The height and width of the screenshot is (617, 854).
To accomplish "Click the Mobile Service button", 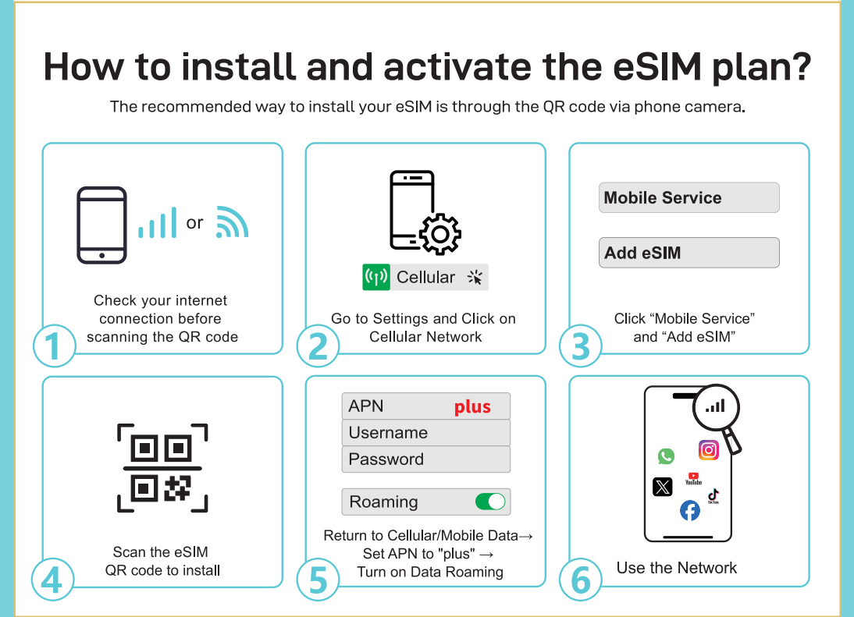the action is point(689,197).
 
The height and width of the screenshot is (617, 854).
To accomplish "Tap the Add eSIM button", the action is point(689,253).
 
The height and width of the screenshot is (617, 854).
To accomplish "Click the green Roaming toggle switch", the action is point(490,501).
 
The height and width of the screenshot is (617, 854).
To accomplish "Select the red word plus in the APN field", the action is point(472,407).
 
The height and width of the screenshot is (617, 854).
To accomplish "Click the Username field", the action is point(426,433).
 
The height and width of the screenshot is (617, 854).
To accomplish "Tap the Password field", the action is point(426,459).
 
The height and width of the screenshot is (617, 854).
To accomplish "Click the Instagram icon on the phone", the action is point(709,450).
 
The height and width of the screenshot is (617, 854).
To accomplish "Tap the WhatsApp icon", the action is point(666,456).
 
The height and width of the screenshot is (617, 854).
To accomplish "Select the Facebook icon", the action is point(690,511).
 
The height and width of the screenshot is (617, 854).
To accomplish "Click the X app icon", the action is point(662,487).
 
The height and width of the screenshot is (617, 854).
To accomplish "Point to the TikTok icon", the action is point(713,496).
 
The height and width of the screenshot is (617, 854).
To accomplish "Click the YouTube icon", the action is point(693,479).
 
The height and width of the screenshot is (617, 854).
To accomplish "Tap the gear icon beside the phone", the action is point(440,234).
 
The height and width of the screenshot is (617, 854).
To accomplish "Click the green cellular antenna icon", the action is point(376,277).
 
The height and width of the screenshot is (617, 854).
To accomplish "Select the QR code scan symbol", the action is point(162,468).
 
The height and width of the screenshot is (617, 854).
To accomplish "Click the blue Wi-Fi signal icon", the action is point(232,222).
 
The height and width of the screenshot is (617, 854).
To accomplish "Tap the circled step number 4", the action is point(52,580).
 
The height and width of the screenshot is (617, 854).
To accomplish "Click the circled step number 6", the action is point(581,580).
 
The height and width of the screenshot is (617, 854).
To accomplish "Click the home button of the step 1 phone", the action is point(101,255).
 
